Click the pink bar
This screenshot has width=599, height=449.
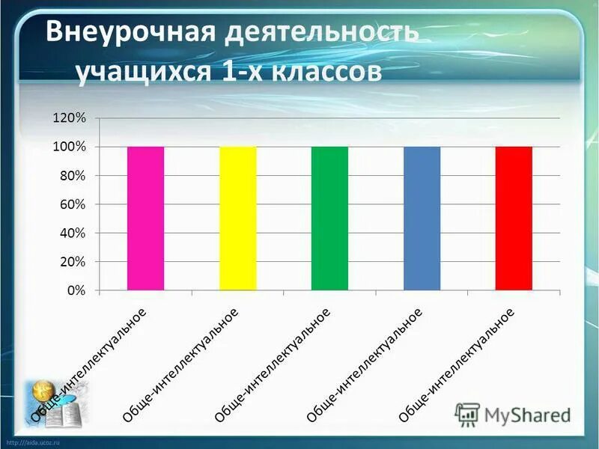coord(145,218)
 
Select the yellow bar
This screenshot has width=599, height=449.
coord(237,218)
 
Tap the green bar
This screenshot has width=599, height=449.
coord(329,218)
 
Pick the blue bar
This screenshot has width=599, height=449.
coord(422,218)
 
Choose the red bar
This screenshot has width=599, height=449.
coord(514,218)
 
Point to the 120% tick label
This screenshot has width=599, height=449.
coord(70,118)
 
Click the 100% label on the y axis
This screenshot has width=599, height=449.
coord(70,147)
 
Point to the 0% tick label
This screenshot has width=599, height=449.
coord(76,290)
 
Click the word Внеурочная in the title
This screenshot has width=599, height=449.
coord(127,33)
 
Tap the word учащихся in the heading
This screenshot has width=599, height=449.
coord(139,73)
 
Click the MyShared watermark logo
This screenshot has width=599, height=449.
coord(512,414)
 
